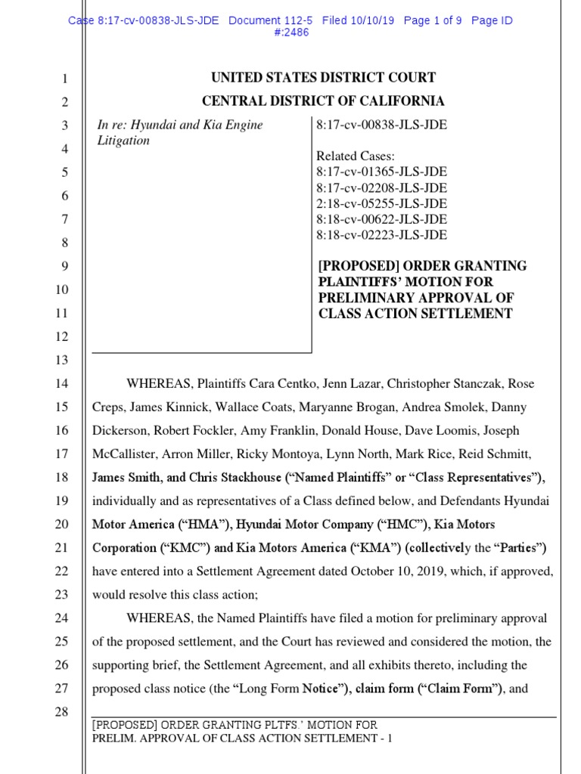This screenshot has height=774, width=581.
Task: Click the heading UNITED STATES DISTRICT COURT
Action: click(323, 78)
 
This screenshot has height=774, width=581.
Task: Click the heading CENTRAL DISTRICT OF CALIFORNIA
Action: click(323, 101)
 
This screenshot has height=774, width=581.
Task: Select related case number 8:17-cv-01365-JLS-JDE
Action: click(381, 172)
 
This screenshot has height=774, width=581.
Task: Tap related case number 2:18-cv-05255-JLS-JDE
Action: click(381, 203)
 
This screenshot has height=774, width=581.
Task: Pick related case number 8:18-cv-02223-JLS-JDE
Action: click(381, 235)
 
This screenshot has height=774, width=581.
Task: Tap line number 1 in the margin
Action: click(64, 79)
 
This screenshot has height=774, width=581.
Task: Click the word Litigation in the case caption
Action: click(124, 141)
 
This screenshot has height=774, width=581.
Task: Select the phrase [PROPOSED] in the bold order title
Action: click(358, 266)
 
